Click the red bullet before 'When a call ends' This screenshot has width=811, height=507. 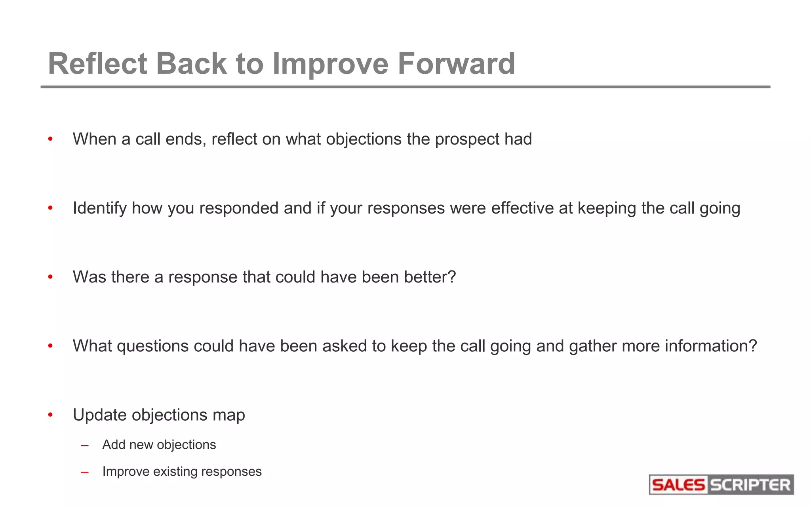50,139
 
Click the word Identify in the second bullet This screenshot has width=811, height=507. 99,208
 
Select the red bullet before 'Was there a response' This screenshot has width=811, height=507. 50,277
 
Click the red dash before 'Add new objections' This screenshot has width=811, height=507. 84,446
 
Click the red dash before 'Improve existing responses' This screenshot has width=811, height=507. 84,473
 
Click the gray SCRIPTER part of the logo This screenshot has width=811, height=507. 750,485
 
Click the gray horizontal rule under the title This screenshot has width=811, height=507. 405,87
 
